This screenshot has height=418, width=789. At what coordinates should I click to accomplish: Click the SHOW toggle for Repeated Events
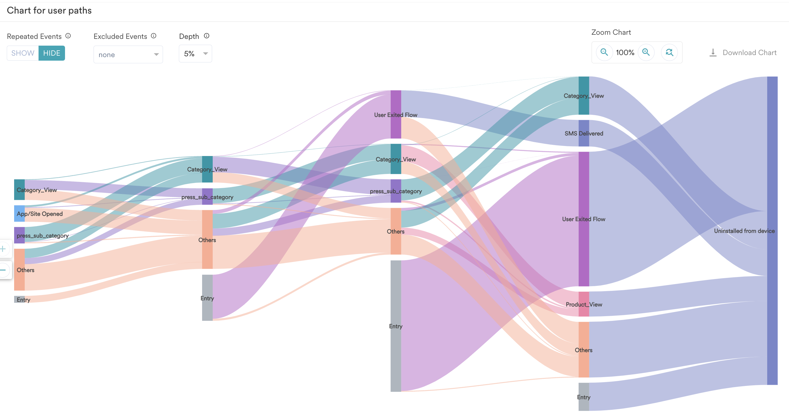(x=23, y=53)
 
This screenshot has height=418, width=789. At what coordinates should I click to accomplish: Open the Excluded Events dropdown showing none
(x=128, y=54)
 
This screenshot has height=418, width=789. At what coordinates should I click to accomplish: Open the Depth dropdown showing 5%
(x=195, y=54)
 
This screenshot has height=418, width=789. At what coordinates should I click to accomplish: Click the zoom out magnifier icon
(x=604, y=52)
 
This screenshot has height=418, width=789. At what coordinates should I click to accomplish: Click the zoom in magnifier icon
(x=646, y=52)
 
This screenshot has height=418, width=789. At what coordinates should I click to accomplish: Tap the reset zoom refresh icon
(x=669, y=52)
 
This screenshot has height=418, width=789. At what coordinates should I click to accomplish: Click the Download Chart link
(x=743, y=53)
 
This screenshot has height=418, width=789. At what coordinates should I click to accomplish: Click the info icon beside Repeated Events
(x=68, y=36)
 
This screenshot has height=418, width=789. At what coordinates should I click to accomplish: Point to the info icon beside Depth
(x=207, y=36)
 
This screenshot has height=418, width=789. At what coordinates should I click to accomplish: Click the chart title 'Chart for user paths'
(x=49, y=10)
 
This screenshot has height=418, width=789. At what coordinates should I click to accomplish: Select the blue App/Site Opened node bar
(x=19, y=214)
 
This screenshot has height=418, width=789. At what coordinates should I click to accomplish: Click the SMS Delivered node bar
(x=584, y=133)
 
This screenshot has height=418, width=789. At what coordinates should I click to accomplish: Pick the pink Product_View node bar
(x=584, y=304)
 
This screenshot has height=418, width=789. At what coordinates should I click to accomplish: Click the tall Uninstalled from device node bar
(x=772, y=230)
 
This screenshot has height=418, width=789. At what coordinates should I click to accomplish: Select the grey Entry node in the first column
(x=19, y=299)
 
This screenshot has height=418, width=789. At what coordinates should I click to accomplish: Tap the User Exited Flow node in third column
(x=396, y=114)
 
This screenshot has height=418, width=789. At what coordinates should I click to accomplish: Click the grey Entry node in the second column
(x=207, y=298)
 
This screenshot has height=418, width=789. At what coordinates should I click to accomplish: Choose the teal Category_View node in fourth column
(x=584, y=96)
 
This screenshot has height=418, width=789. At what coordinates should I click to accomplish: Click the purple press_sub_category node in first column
(x=19, y=235)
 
